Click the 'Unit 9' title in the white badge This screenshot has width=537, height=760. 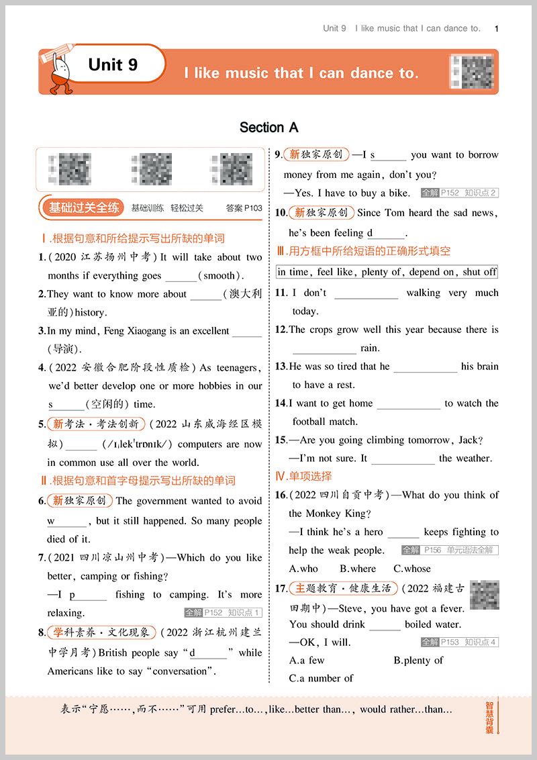[x=113, y=64]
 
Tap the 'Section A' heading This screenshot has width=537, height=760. [x=268, y=128]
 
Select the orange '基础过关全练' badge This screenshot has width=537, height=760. [x=84, y=207]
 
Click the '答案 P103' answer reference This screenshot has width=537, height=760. [x=244, y=208]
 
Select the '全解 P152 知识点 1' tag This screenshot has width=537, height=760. [x=223, y=612]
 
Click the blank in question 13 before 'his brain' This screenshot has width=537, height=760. [x=425, y=367]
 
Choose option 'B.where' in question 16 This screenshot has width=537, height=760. [x=358, y=569]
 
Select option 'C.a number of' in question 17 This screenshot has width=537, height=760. [x=321, y=679]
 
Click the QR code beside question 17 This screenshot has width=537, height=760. [x=484, y=595]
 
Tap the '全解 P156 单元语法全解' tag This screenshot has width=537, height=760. [x=450, y=550]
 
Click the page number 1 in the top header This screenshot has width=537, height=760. [x=496, y=28]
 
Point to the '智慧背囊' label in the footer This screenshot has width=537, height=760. [x=489, y=718]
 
